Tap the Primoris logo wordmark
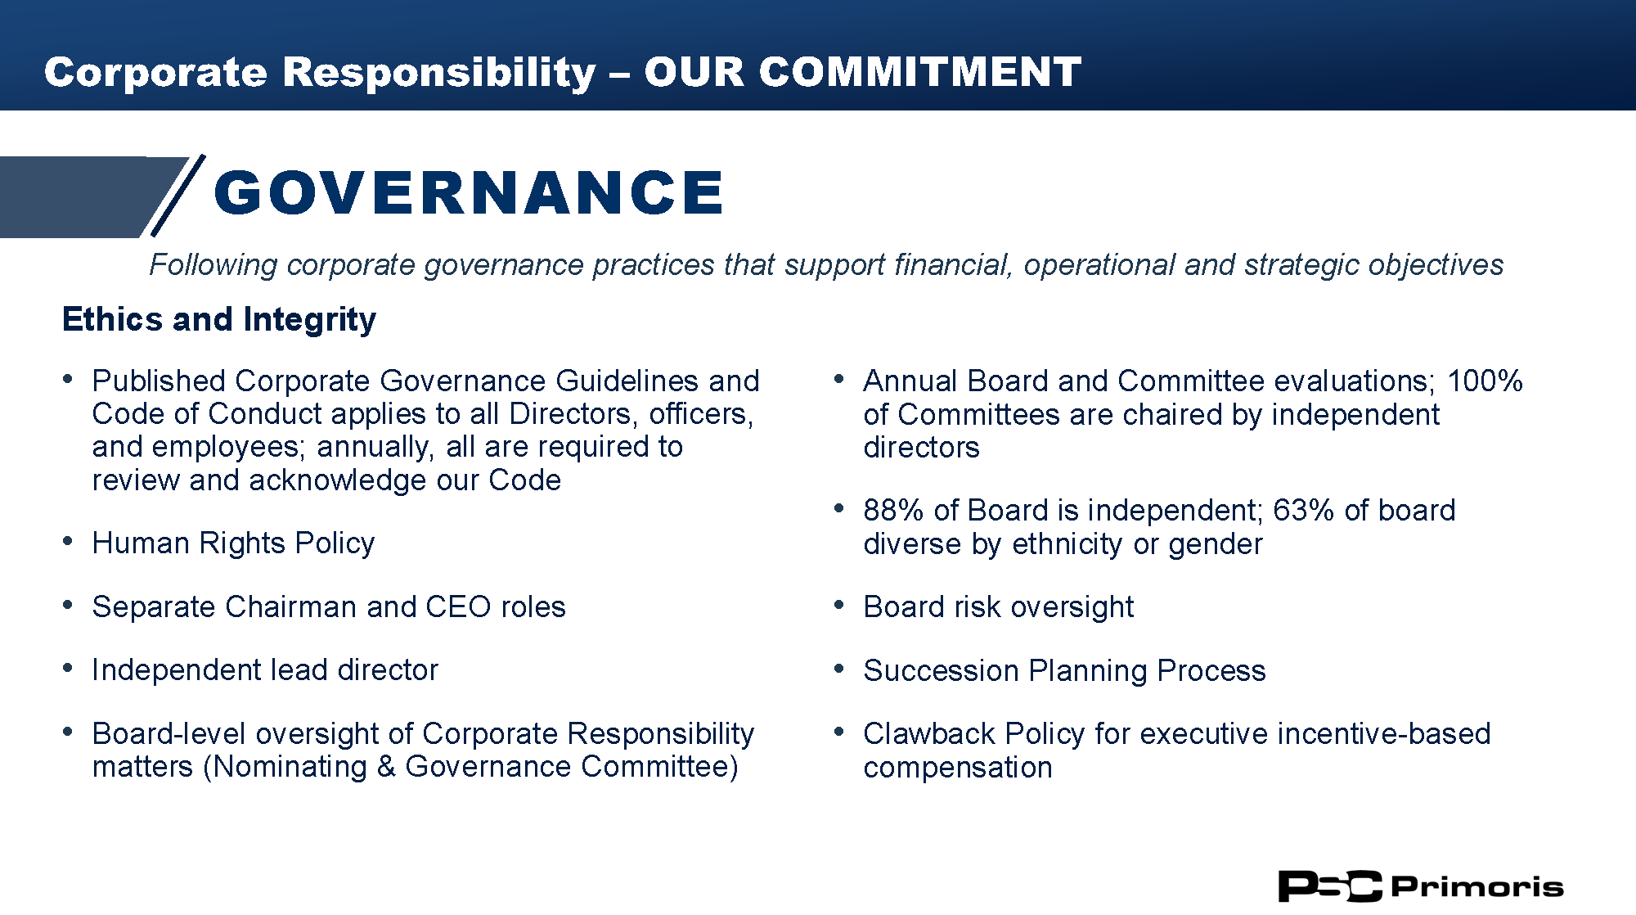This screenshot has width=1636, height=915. (1476, 886)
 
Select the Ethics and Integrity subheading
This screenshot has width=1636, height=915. (219, 319)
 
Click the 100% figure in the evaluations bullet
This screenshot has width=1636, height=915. (1485, 381)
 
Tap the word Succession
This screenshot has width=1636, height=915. (942, 670)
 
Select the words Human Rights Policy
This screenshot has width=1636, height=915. (234, 543)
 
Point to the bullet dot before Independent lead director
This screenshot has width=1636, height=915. (68, 669)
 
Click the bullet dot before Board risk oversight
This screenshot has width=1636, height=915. (838, 605)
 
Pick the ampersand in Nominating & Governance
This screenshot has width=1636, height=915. (386, 767)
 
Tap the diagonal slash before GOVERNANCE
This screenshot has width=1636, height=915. (178, 196)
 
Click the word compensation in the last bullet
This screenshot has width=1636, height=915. (958, 768)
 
